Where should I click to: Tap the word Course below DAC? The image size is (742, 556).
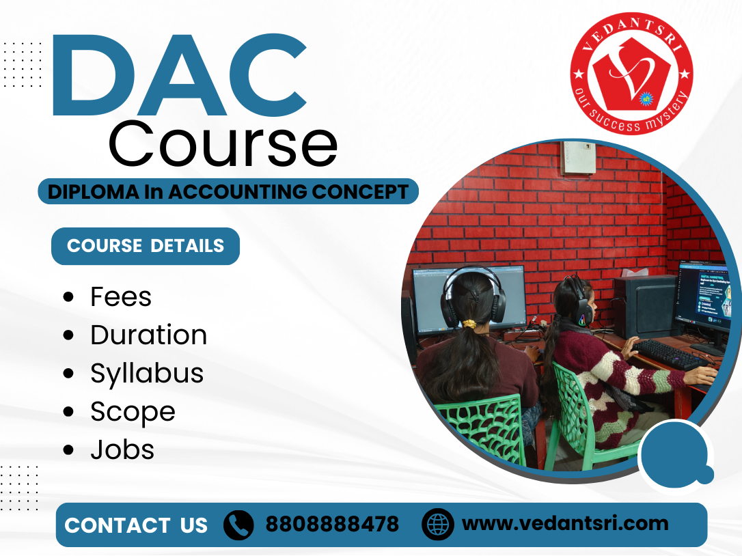(x=223, y=145)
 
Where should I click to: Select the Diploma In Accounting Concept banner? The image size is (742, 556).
(x=228, y=192)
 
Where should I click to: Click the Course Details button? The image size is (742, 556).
(x=146, y=246)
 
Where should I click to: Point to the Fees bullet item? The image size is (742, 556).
(x=121, y=297)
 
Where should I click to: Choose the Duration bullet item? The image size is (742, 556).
(x=148, y=335)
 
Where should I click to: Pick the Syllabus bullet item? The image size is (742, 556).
(x=147, y=374)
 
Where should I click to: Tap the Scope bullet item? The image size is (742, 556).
(x=133, y=412)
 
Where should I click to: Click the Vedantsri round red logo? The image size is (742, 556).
(x=631, y=74)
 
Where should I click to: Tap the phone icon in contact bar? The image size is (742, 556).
(x=238, y=525)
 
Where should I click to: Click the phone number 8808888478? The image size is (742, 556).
(x=332, y=525)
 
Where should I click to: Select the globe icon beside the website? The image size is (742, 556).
(x=437, y=525)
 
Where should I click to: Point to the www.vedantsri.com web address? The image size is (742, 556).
(x=565, y=524)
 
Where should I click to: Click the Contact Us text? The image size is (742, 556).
(x=136, y=525)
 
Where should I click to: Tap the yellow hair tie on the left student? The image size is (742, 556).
(x=471, y=324)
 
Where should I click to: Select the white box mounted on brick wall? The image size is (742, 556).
(x=579, y=157)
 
